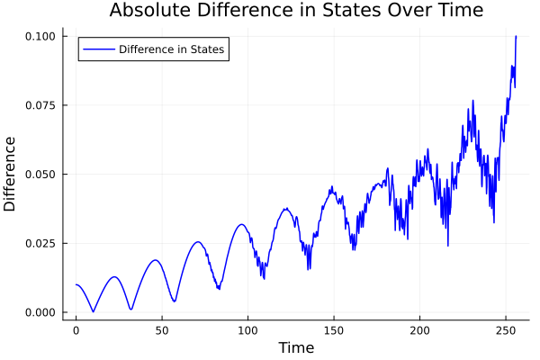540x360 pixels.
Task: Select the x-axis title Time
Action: point(296,347)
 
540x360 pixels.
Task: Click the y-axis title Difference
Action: point(10,174)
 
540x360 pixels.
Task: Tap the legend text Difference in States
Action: point(172,49)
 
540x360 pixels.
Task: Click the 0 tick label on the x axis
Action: point(76,330)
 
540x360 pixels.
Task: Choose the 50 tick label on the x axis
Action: point(162,330)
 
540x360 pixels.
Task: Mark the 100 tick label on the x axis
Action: point(247,330)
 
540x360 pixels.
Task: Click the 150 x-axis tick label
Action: point(334,330)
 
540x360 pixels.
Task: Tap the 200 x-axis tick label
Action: point(419,330)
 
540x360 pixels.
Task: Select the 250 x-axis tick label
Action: point(505,330)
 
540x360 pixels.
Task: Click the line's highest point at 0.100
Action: point(516,36)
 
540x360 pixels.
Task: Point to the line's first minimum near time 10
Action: point(93,311)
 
